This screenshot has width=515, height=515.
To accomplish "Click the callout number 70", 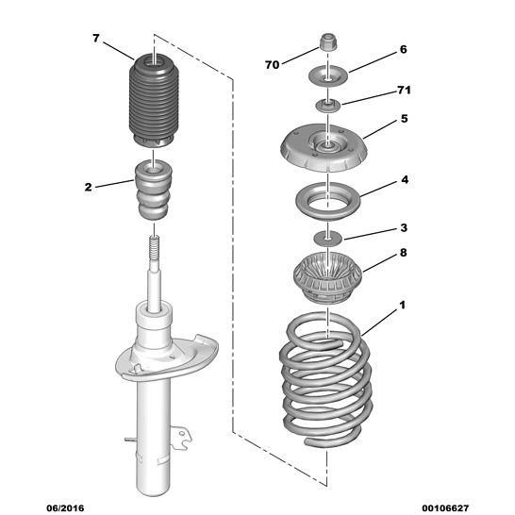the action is pyautogui.click(x=273, y=65).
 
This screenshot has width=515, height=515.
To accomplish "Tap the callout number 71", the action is pyautogui.click(x=404, y=90).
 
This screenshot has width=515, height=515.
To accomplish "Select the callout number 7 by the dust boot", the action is pyautogui.click(x=95, y=39).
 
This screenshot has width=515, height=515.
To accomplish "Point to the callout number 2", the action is pyautogui.click(x=88, y=187).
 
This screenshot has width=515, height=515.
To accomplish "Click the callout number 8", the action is pyautogui.click(x=404, y=253).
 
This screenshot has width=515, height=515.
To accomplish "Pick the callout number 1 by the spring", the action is pyautogui.click(x=403, y=305).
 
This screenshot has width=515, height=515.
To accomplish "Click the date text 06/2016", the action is pyautogui.click(x=65, y=508).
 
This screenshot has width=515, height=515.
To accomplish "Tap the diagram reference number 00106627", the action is pyautogui.click(x=445, y=508).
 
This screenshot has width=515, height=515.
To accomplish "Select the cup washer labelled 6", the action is pyautogui.click(x=328, y=76).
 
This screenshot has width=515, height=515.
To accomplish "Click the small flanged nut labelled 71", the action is pyautogui.click(x=328, y=106).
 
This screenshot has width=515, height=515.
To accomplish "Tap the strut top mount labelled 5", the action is pyautogui.click(x=324, y=147).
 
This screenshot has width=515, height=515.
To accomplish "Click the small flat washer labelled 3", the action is pyautogui.click(x=328, y=237).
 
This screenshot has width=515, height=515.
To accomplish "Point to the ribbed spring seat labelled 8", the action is pyautogui.click(x=327, y=277).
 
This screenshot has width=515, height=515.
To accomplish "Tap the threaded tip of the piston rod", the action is pyautogui.click(x=155, y=247).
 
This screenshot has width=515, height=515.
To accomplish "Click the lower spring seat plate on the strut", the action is pyautogui.click(x=167, y=357).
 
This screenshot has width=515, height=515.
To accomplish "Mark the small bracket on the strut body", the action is pyautogui.click(x=181, y=437).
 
